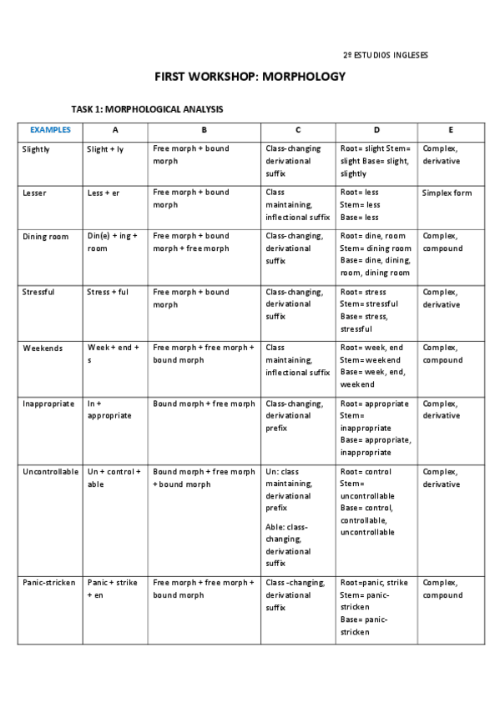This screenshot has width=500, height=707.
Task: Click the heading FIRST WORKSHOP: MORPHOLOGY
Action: click(x=250, y=77)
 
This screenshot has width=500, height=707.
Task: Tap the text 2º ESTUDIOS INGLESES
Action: click(x=386, y=55)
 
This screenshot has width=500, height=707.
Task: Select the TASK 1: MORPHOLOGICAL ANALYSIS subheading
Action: click(x=147, y=109)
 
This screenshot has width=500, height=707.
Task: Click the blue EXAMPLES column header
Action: click(x=50, y=130)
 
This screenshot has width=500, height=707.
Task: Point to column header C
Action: click(x=298, y=130)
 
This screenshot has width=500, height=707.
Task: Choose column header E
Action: click(x=451, y=130)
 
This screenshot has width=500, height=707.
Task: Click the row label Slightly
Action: click(x=36, y=149)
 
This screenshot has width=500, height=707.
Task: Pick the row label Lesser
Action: click(x=34, y=193)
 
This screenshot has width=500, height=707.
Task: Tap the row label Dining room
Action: click(x=45, y=237)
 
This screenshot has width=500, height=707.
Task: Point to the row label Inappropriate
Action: click(x=48, y=404)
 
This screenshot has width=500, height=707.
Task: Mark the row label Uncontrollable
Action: click(x=51, y=472)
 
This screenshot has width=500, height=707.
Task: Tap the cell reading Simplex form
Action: click(x=447, y=193)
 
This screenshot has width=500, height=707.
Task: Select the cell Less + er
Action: click(x=104, y=193)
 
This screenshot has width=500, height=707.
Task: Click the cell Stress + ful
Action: click(x=108, y=293)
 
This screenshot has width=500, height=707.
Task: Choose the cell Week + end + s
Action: click(x=114, y=353)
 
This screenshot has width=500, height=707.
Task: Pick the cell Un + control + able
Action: click(x=114, y=478)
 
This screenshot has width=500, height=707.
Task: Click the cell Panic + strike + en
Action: click(x=113, y=589)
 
